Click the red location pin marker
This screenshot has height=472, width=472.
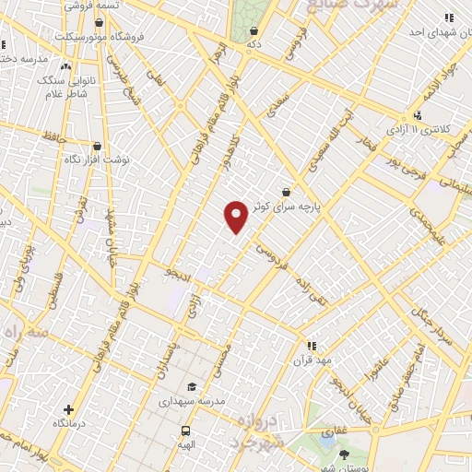236,217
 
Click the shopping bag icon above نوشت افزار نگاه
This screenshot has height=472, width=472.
97,146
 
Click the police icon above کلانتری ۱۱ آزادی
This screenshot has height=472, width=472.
418,116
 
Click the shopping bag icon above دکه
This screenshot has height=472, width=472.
254,30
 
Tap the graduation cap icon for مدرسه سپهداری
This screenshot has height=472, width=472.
192,387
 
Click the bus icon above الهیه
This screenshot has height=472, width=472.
186,431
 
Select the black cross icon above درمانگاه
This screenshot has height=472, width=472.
69,409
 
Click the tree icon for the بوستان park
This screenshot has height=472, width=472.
344,454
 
